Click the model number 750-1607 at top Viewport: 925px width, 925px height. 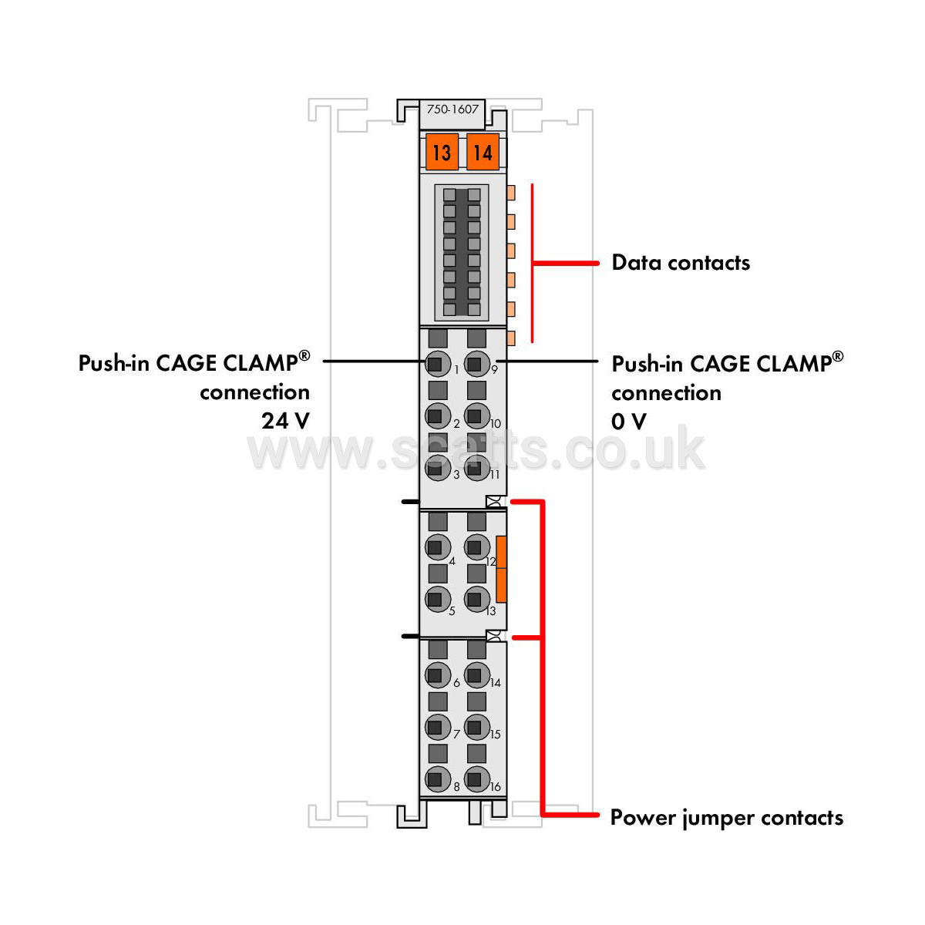click(x=452, y=109)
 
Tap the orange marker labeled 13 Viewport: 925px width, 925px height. click(x=442, y=152)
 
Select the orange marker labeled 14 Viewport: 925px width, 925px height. click(x=483, y=152)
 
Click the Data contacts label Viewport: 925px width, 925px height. click(x=680, y=263)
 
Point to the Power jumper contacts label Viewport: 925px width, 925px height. click(x=726, y=818)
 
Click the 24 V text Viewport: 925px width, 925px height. click(x=286, y=421)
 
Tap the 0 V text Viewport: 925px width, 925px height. click(x=629, y=422)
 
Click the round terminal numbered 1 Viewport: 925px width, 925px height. click(x=437, y=363)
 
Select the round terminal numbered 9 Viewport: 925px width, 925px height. click(x=476, y=363)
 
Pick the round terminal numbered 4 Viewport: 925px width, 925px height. click(x=437, y=547)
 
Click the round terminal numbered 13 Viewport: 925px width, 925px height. click(x=476, y=599)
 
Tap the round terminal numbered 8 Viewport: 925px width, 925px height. click(x=437, y=779)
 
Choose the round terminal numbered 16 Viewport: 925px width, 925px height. click(x=476, y=779)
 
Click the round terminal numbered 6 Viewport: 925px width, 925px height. click(x=437, y=675)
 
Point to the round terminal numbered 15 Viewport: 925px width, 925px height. click(x=476, y=727)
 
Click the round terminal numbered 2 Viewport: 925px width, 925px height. click(x=437, y=415)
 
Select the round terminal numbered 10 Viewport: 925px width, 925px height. click(x=476, y=415)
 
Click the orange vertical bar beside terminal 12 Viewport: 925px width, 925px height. click(x=501, y=569)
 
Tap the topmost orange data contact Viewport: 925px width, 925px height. click(x=511, y=193)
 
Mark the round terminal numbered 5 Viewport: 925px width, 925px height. click(x=437, y=599)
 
